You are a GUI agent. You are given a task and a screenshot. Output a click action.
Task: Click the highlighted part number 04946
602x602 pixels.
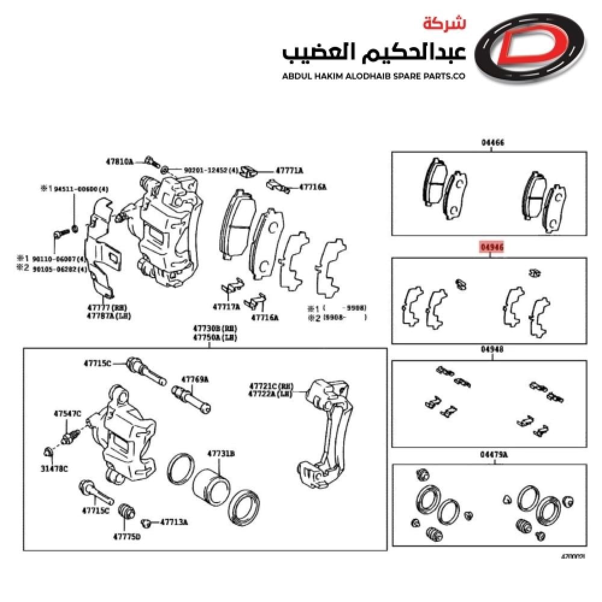pos(491,247)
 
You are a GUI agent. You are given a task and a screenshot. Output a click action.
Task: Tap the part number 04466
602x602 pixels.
pos(492,143)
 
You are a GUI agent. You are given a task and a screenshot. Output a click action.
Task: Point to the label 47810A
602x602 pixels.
pos(119,161)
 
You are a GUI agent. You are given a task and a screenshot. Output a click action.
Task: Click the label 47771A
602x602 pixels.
pos(289,171)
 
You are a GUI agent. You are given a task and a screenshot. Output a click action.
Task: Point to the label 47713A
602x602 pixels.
pos(174,522)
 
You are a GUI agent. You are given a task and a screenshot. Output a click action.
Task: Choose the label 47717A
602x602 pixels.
pos(226,306)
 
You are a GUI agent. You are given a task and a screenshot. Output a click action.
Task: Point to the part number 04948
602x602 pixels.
pos(492,349)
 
